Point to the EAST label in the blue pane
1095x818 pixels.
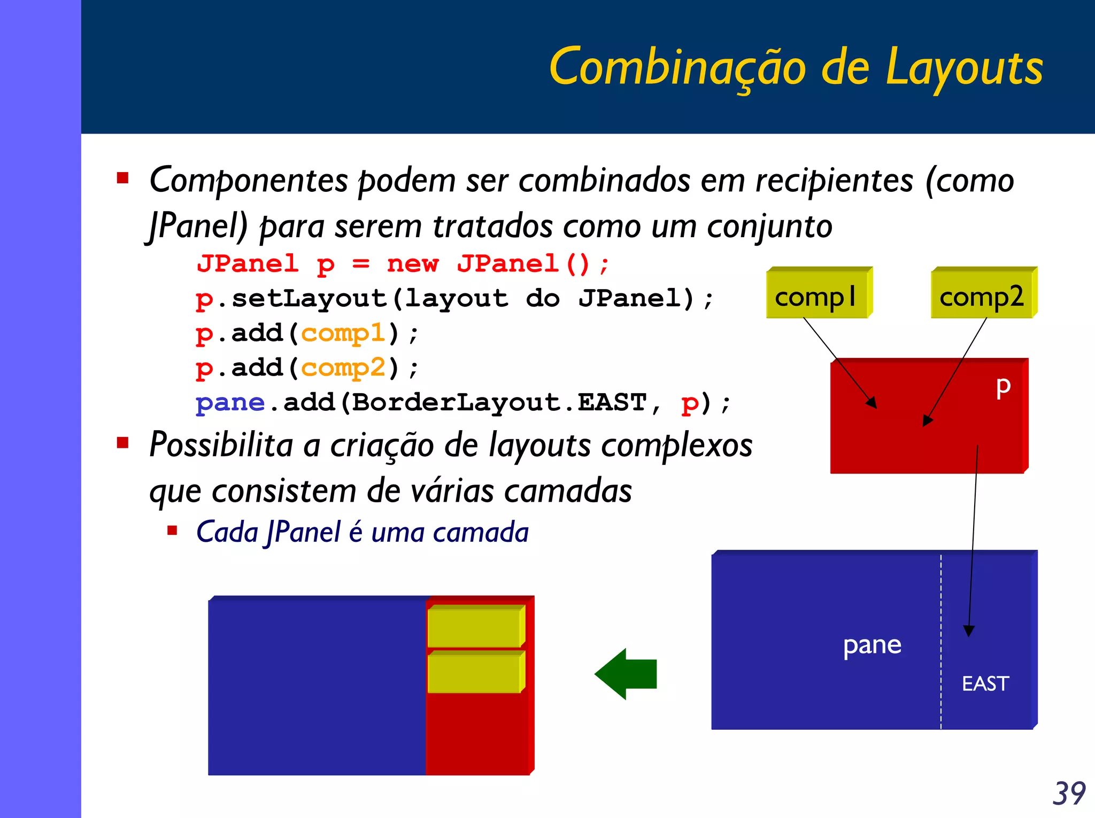pyautogui.click(x=985, y=684)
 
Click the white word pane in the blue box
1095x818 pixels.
pyautogui.click(x=872, y=644)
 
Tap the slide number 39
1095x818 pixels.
pyautogui.click(x=1069, y=793)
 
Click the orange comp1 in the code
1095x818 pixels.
pyautogui.click(x=343, y=333)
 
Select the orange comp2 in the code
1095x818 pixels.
pyautogui.click(x=343, y=368)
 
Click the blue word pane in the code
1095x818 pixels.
pyautogui.click(x=230, y=402)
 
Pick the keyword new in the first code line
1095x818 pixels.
pyautogui.click(x=413, y=264)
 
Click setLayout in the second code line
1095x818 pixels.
pyautogui.click(x=310, y=298)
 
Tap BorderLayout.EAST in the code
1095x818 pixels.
pyautogui.click(x=499, y=402)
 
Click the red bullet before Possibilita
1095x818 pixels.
pyautogui.click(x=123, y=442)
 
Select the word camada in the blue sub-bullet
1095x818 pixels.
pyautogui.click(x=481, y=532)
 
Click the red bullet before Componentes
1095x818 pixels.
pyautogui.click(x=123, y=178)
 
